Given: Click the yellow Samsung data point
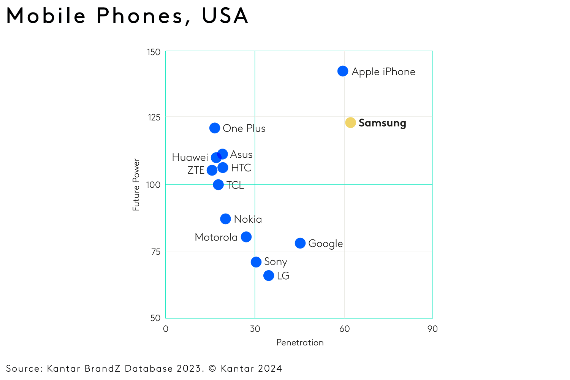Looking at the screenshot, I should click(x=350, y=123).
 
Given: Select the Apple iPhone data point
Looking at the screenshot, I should click(x=343, y=71).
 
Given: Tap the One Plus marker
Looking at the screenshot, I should click(x=215, y=128).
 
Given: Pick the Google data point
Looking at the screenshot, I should click(x=300, y=243).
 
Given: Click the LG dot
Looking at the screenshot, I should click(x=269, y=275).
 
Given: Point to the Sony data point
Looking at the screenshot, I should click(x=256, y=262).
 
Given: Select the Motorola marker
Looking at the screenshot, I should click(x=246, y=237).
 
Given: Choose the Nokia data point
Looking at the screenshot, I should click(x=225, y=219).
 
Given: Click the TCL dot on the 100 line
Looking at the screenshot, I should click(x=218, y=185).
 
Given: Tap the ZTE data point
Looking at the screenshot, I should click(x=212, y=170).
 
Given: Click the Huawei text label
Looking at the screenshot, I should click(x=190, y=157).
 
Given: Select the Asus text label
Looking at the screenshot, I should click(x=241, y=155).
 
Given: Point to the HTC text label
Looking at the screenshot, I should click(x=241, y=168).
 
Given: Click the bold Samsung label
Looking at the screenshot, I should click(x=382, y=123).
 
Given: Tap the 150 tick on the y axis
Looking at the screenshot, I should click(x=154, y=52).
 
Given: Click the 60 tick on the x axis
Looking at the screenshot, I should click(x=344, y=329).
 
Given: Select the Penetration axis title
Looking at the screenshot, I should click(x=300, y=342).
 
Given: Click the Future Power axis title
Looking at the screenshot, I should click(x=136, y=185).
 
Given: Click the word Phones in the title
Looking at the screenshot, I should click(x=139, y=16).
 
